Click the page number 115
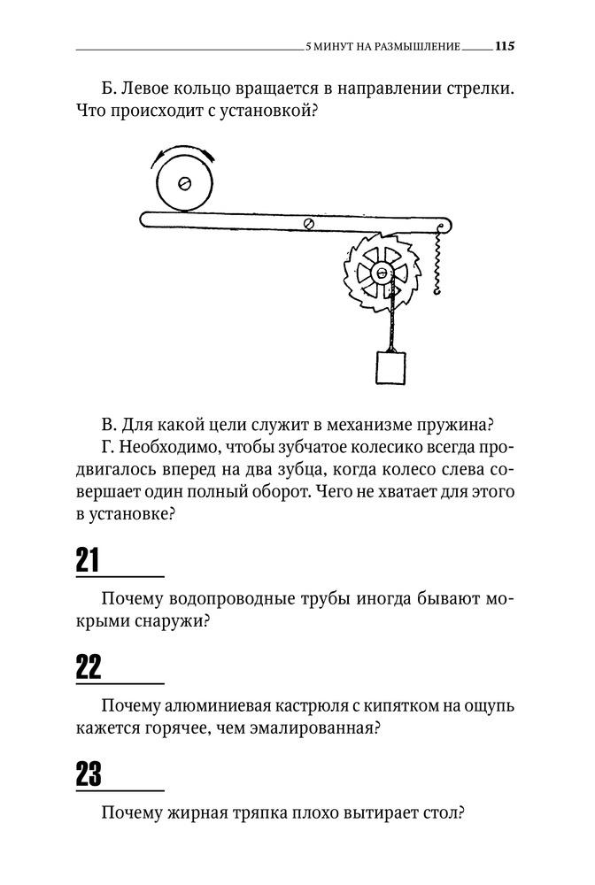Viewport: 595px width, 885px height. (505, 46)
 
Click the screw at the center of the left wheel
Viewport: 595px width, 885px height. (185, 183)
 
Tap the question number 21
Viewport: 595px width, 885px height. (89, 560)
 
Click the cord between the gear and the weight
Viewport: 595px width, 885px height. (387, 323)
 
